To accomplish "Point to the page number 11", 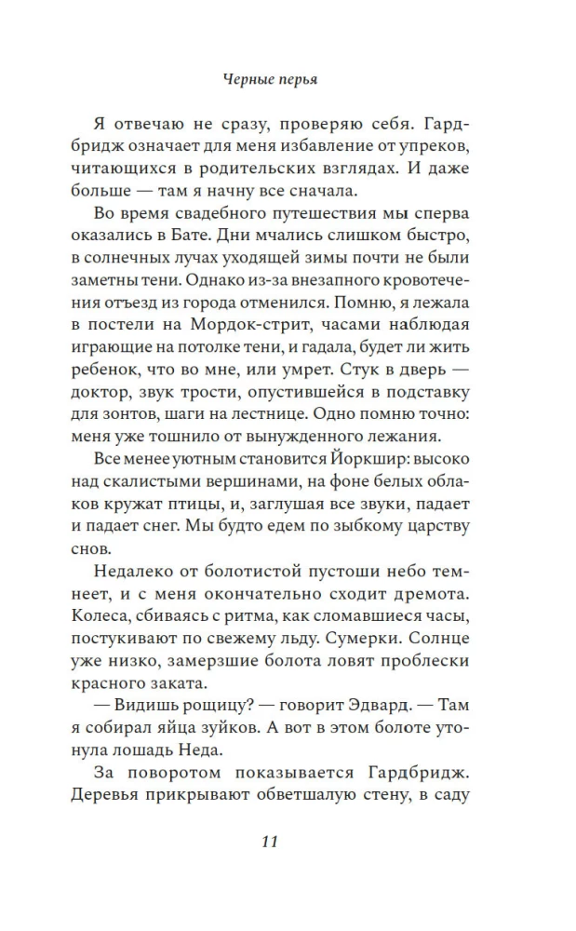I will pyautogui.click(x=269, y=842).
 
